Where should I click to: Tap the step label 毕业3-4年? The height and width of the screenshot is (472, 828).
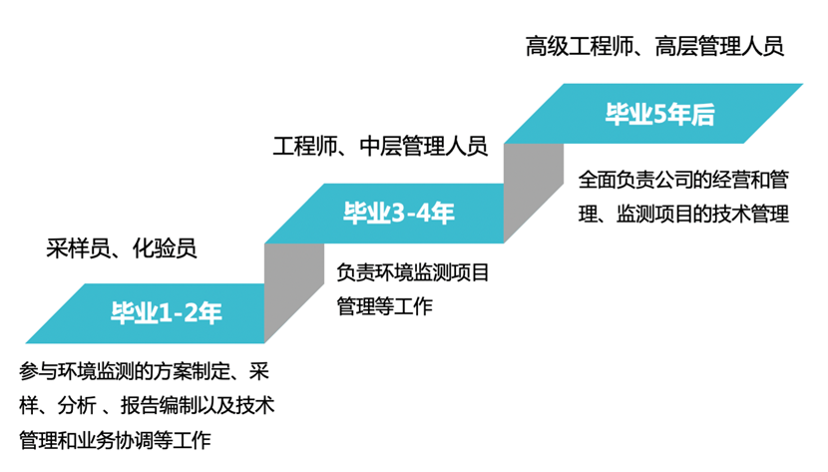(399, 213)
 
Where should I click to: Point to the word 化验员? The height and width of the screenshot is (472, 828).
(165, 248)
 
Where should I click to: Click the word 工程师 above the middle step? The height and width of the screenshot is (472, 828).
(303, 148)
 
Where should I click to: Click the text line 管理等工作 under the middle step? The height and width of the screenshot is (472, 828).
(385, 305)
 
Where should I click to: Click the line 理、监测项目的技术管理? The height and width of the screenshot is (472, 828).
(684, 214)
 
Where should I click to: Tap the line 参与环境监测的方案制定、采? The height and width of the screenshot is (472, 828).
(146, 372)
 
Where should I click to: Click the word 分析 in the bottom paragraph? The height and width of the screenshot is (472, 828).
(76, 406)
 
